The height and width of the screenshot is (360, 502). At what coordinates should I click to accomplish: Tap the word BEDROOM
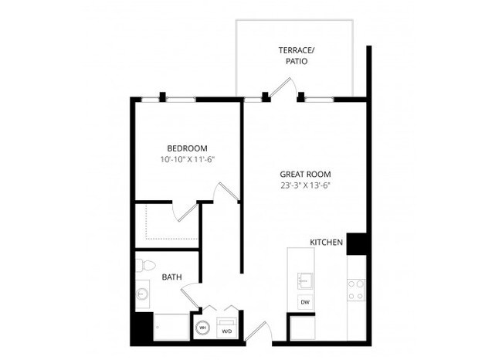(x=187, y=148)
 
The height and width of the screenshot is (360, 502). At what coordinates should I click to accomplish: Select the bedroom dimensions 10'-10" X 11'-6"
(x=187, y=160)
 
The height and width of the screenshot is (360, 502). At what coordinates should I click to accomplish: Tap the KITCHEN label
(x=326, y=243)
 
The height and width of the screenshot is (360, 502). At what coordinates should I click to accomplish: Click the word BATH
(x=171, y=277)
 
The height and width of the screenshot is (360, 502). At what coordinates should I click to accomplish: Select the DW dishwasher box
(x=305, y=302)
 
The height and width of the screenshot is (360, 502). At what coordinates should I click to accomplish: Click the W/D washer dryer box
(x=227, y=328)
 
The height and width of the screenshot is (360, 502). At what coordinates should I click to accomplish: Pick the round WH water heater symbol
(x=202, y=328)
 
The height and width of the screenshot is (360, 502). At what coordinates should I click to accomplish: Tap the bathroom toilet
(x=144, y=265)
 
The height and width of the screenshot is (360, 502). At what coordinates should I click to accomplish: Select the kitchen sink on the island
(x=304, y=279)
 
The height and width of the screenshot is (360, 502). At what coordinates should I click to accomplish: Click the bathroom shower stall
(x=171, y=326)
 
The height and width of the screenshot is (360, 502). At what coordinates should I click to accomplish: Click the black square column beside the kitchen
(x=356, y=243)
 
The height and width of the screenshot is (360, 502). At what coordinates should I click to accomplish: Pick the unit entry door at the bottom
(x=258, y=331)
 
